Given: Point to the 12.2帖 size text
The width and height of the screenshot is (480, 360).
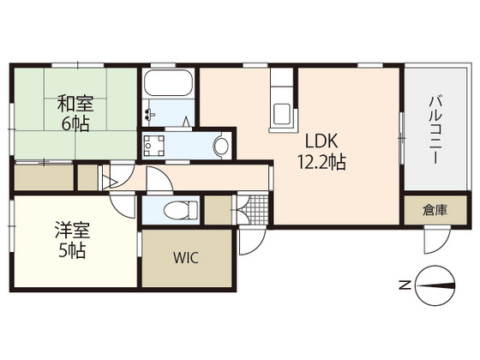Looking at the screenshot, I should pos(321,162).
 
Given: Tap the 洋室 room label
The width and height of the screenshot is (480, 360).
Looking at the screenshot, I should pos(72,231).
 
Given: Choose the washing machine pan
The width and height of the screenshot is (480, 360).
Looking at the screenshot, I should pos(156,147).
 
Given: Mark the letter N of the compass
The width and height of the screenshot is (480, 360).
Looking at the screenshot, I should pos(404,285).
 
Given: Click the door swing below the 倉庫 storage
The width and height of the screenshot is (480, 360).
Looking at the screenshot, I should pos(433,239).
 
